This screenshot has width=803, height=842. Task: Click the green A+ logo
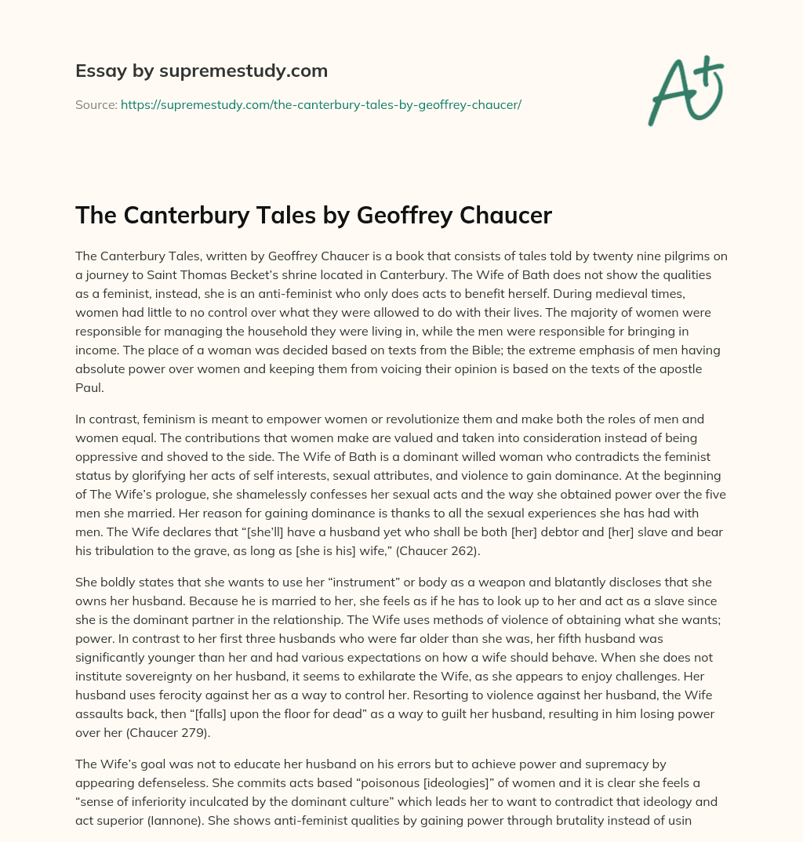pyautogui.click(x=685, y=90)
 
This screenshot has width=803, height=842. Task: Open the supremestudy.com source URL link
pyautogui.click(x=321, y=104)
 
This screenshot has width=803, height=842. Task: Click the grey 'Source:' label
pyautogui.click(x=96, y=104)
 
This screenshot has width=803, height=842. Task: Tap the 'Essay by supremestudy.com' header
pyautogui.click(x=201, y=71)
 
